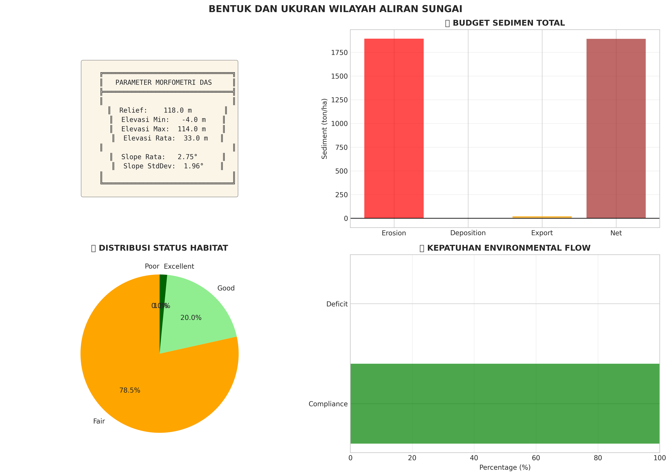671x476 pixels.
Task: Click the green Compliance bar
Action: [x=505, y=404]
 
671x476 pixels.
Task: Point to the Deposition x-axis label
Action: [x=468, y=233]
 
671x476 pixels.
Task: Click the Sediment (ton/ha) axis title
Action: [x=324, y=129]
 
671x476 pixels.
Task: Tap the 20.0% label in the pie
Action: [x=191, y=318]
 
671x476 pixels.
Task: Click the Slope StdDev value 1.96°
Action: [x=194, y=166]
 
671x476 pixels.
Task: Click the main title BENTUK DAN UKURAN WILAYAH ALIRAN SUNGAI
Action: [x=335, y=9]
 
